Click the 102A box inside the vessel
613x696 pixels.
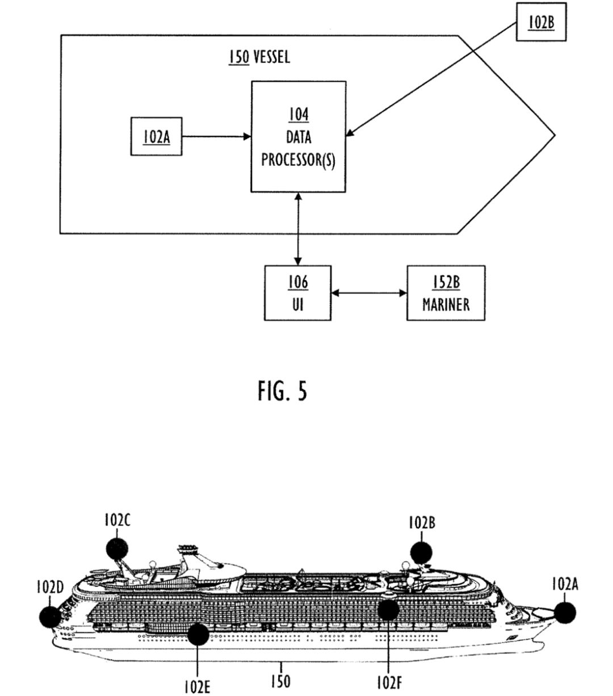point(157,136)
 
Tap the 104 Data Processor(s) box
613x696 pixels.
point(299,136)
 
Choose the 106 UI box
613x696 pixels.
point(298,292)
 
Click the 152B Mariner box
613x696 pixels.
point(446,292)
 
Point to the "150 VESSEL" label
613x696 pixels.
point(259,57)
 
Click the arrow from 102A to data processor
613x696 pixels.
point(216,136)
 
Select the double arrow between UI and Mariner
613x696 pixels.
point(369,293)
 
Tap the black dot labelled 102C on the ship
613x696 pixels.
point(117,548)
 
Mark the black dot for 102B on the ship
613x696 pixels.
point(421,552)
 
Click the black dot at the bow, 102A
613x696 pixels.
point(564,613)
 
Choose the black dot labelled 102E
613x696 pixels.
point(198,634)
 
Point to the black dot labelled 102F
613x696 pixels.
point(389,609)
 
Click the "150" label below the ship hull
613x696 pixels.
point(282,681)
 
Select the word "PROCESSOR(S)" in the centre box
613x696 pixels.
point(299,161)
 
